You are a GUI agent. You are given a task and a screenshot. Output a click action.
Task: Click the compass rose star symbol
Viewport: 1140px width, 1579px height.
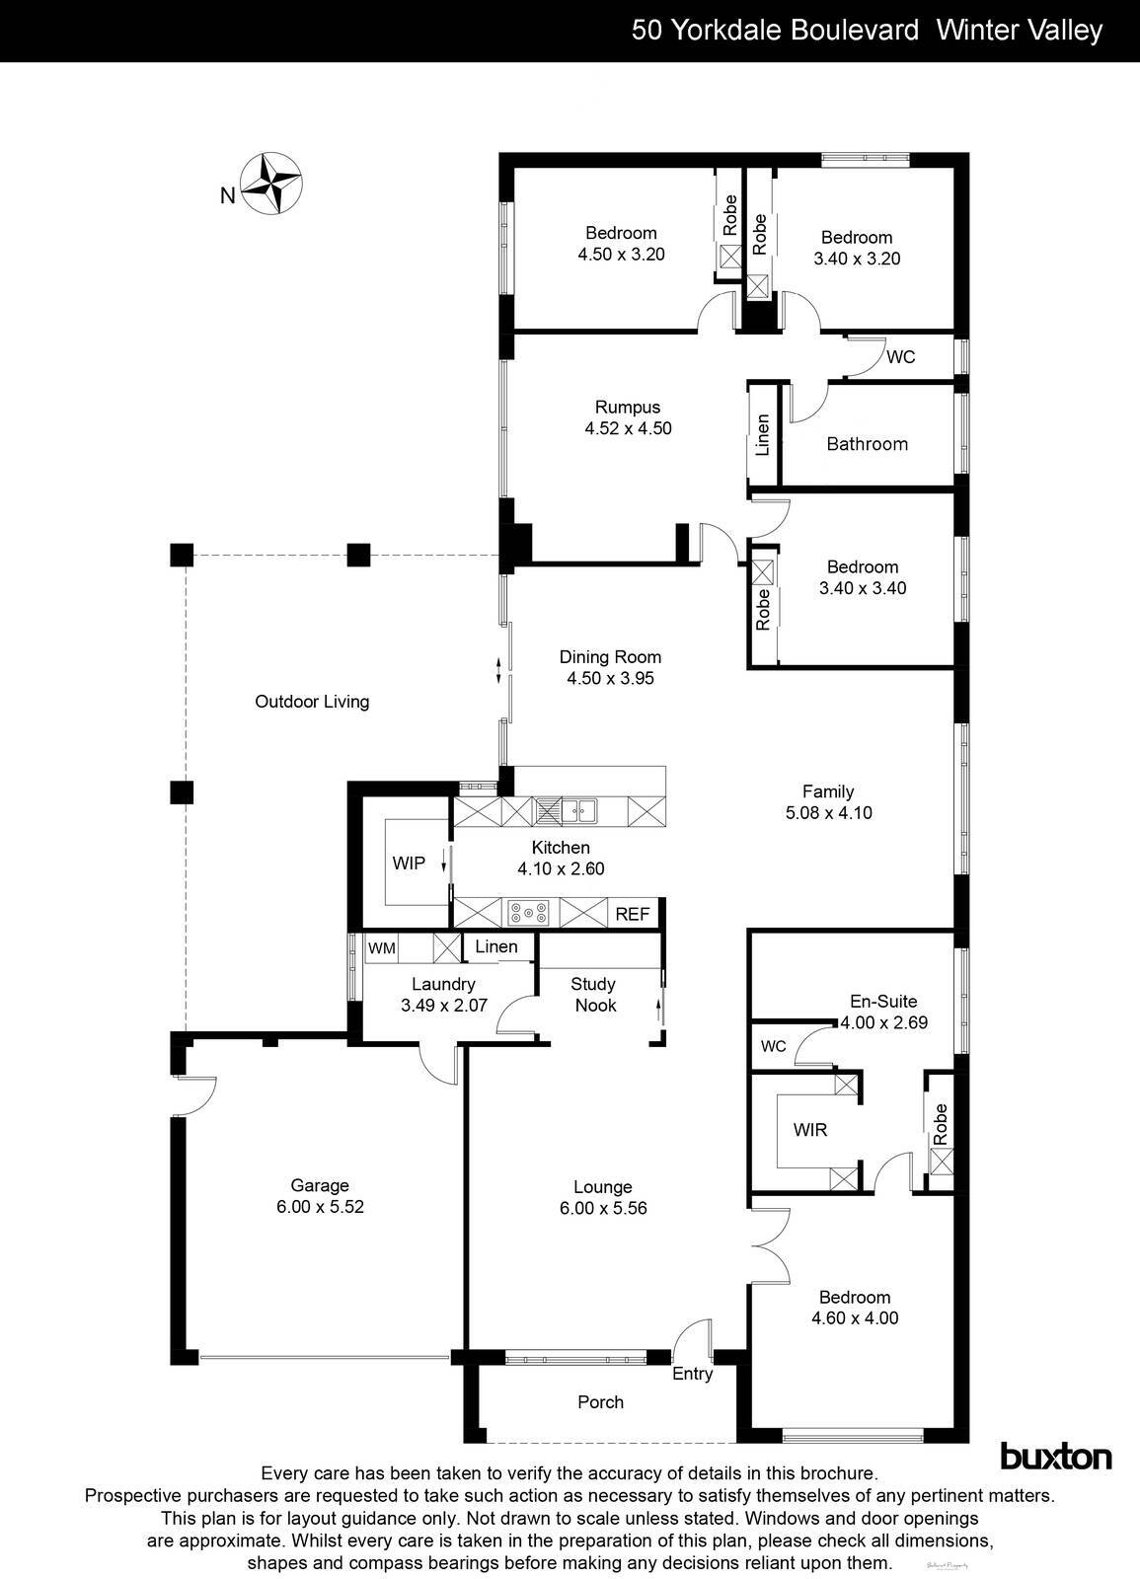(x=272, y=184)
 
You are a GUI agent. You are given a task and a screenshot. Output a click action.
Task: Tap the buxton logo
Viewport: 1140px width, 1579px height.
(x=1056, y=1456)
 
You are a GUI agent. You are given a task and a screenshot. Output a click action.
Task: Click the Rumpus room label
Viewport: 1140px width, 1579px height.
(x=628, y=407)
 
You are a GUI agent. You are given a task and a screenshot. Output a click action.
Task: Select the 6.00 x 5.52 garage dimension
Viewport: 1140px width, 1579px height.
(x=320, y=1207)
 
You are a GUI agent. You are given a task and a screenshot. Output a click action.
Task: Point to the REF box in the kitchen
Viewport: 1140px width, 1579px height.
(x=633, y=914)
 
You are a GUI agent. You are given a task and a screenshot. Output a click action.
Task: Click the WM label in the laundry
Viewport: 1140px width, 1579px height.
(x=381, y=948)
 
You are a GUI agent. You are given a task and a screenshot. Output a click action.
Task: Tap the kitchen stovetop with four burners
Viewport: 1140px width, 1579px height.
(x=527, y=914)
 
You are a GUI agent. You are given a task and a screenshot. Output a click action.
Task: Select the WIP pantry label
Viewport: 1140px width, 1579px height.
(x=409, y=864)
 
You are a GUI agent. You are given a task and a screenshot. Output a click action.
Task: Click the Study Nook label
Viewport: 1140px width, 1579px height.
(x=594, y=995)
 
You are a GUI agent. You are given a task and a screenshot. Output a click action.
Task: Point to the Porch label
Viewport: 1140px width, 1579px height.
(x=600, y=1402)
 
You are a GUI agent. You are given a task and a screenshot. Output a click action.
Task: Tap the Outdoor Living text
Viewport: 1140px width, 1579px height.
(x=312, y=702)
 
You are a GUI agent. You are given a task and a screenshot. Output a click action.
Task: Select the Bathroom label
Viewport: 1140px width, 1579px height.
(x=867, y=444)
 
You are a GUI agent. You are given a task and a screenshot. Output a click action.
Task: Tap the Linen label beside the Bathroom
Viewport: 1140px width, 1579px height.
(x=762, y=434)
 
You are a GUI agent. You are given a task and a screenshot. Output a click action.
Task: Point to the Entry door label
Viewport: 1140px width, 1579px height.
(x=692, y=1374)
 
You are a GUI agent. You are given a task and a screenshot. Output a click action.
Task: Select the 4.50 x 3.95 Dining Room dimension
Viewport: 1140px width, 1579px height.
(x=610, y=679)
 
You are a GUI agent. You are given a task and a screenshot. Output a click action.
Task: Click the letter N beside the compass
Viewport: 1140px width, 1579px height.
(x=227, y=195)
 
